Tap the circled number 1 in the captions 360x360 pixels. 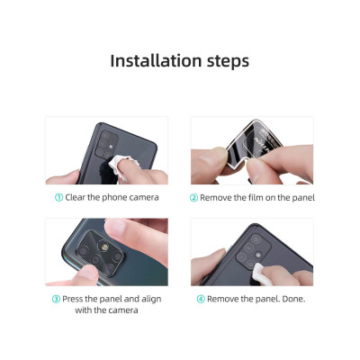coord(59,197)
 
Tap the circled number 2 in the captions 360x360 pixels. coord(194,197)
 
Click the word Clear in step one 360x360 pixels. coord(77,197)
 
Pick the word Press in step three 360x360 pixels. coord(74,299)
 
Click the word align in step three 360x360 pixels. coord(151,299)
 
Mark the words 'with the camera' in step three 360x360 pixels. coord(107,311)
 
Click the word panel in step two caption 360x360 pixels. coord(301,197)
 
